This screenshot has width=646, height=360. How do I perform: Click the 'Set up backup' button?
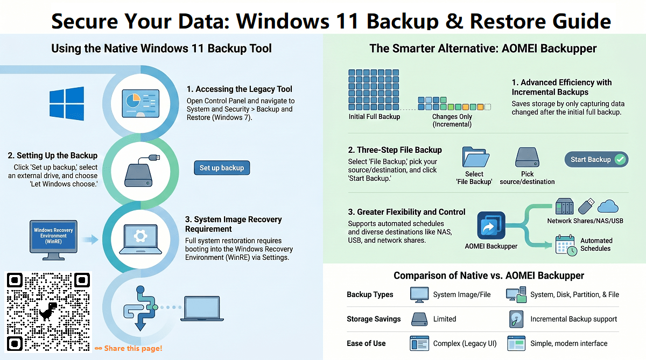(x=222, y=168)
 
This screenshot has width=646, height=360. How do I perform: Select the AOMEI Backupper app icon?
(x=491, y=225)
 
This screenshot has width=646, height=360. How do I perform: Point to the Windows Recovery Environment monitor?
(x=53, y=237)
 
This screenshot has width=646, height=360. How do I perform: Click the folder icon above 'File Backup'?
(x=475, y=157)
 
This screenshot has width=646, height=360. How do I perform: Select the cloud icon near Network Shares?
(x=608, y=206)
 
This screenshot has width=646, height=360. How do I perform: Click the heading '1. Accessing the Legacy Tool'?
(x=240, y=89)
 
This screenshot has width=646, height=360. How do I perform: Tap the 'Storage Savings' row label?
(x=374, y=319)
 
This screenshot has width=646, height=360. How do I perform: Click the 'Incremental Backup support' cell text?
(x=573, y=319)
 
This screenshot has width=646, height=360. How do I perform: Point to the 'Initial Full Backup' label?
(x=374, y=117)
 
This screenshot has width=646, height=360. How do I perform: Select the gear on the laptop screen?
(x=140, y=235)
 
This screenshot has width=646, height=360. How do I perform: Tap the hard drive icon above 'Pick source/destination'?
(x=527, y=158)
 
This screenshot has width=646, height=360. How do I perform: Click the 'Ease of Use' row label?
(x=366, y=343)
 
